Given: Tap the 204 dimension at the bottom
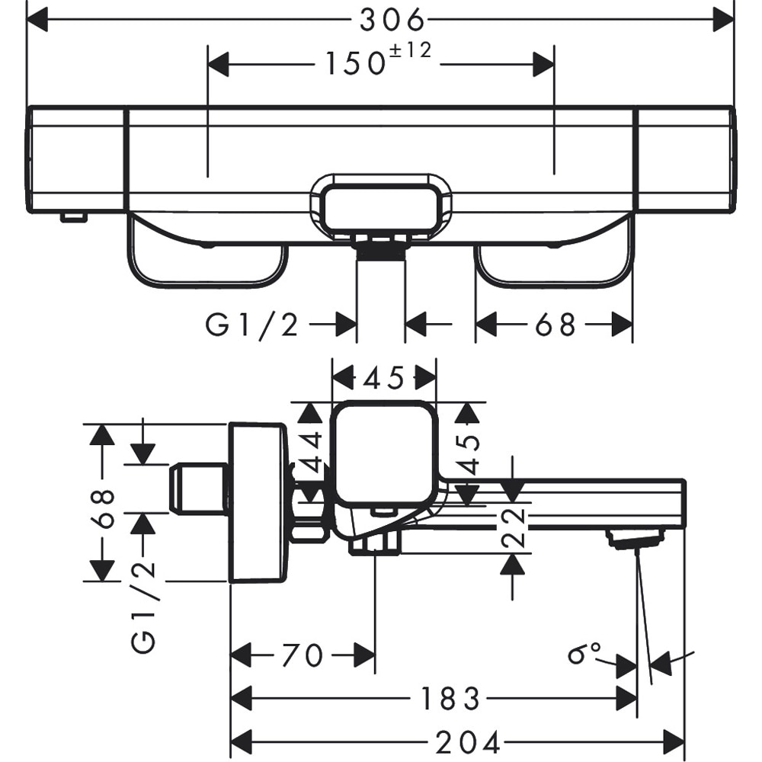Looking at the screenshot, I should (467, 741).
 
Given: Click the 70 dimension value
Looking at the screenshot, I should (303, 655).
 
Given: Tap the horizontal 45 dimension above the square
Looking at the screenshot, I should (385, 376).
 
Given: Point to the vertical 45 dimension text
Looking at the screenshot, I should (468, 454).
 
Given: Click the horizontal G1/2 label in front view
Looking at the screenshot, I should (252, 325).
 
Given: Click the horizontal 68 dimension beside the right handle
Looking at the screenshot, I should (554, 325).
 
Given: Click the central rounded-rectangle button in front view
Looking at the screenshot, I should (381, 205).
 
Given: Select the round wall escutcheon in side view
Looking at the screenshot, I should (258, 503).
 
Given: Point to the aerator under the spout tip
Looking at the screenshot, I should (634, 540).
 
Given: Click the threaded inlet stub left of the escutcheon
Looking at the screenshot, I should (198, 488).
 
